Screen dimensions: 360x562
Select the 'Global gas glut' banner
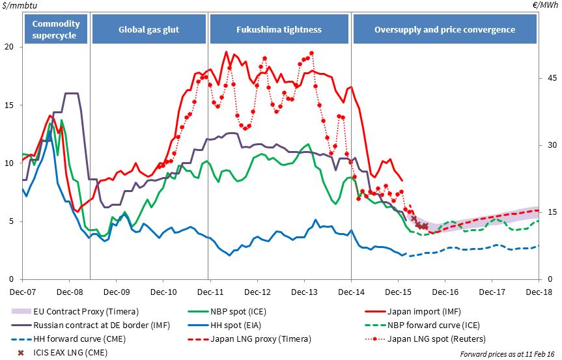(149, 30)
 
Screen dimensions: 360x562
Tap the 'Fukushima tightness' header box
(279, 30)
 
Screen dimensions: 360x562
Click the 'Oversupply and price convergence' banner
(445, 30)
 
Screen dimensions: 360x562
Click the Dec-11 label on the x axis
(208, 292)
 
